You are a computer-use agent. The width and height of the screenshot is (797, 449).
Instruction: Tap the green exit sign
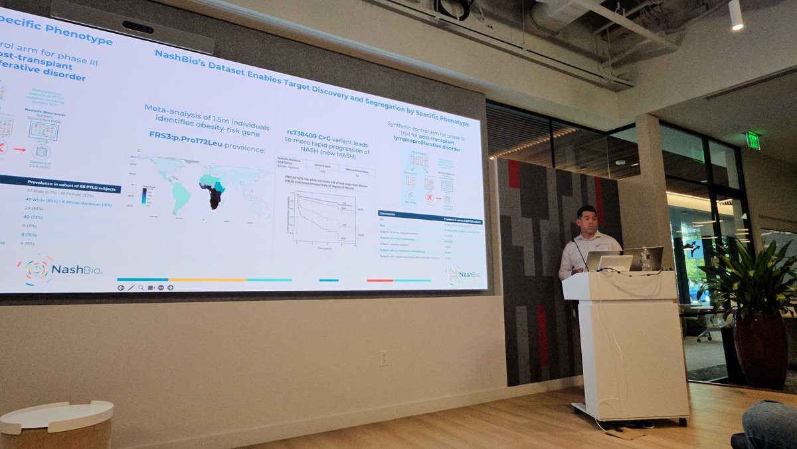point(753,139)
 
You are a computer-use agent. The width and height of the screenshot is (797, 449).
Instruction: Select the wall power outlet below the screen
point(383,358)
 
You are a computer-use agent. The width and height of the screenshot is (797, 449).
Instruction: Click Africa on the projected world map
point(214,189)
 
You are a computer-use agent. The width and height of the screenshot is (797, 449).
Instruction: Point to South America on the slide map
point(180,196)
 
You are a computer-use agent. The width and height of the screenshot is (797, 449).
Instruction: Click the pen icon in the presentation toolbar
point(131,288)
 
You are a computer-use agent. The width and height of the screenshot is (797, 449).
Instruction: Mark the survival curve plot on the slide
point(325,218)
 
